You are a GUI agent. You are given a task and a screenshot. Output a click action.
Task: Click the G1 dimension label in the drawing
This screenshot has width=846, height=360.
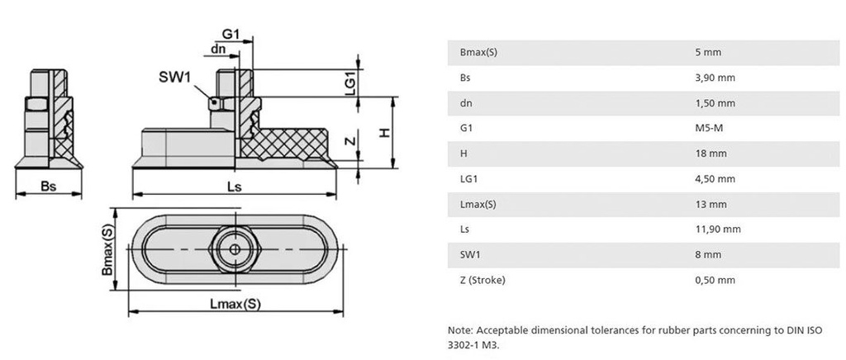coord(231,34)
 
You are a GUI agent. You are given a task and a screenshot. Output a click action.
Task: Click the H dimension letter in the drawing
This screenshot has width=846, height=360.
coord(383,132)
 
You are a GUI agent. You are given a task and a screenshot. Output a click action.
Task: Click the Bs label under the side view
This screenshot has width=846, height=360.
coord(48,187)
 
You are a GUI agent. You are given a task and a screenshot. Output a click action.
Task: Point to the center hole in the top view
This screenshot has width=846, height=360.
coord(235,249)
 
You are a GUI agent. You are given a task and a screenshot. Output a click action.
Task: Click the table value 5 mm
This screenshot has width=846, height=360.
coord(708,52)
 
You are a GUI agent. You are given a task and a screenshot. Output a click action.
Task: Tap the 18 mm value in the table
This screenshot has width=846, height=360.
coord(711,154)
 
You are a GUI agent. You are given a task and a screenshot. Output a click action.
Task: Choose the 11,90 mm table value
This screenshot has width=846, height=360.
coord(717,230)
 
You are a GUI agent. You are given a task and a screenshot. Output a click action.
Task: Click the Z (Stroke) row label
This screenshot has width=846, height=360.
coord(482,280)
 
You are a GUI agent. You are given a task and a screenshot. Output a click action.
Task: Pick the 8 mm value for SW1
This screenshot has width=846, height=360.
coord(708,254)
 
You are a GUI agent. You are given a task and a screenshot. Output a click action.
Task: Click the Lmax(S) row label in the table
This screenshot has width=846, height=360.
coord(478,204)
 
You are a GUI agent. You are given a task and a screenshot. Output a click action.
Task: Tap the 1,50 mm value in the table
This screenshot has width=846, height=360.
coord(715,103)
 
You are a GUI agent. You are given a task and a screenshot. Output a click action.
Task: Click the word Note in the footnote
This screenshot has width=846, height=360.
coord(459,330)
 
